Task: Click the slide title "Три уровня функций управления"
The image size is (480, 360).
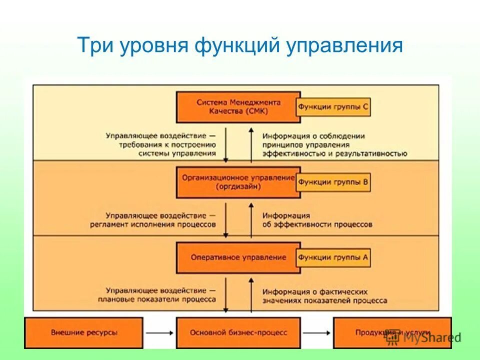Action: (x=240, y=46)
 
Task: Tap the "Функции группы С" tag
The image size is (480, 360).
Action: (x=333, y=106)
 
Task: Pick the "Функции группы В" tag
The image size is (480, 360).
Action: (x=333, y=182)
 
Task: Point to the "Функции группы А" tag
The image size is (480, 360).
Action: (x=333, y=257)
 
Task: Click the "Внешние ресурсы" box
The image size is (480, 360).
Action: (x=84, y=332)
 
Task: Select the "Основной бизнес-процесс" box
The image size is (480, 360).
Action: (x=238, y=332)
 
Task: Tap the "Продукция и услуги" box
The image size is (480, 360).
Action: (x=392, y=332)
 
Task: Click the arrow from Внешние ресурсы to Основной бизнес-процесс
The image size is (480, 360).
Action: (x=159, y=332)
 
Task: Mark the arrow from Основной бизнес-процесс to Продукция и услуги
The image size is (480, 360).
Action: (x=317, y=332)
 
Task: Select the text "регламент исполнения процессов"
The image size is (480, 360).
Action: (x=153, y=224)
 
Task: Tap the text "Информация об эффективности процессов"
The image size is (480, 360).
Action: (x=317, y=220)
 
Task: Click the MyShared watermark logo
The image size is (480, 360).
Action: (x=422, y=337)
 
